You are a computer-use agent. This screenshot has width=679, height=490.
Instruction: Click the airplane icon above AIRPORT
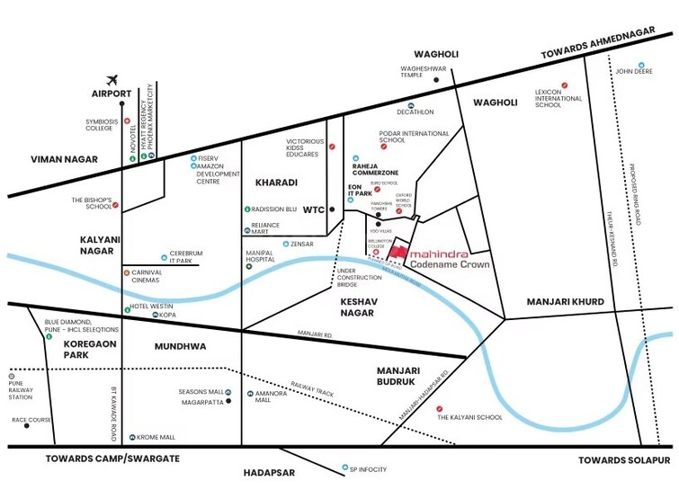(112, 79)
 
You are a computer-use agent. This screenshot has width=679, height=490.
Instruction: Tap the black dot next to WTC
(332, 209)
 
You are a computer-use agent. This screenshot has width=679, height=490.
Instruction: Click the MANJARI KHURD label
(566, 301)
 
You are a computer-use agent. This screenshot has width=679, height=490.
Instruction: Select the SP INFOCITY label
(368, 468)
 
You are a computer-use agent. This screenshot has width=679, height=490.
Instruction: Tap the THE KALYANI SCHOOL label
(469, 417)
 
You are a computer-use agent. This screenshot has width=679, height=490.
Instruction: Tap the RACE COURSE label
(31, 420)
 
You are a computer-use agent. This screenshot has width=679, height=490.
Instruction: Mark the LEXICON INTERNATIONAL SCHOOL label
(559, 98)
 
